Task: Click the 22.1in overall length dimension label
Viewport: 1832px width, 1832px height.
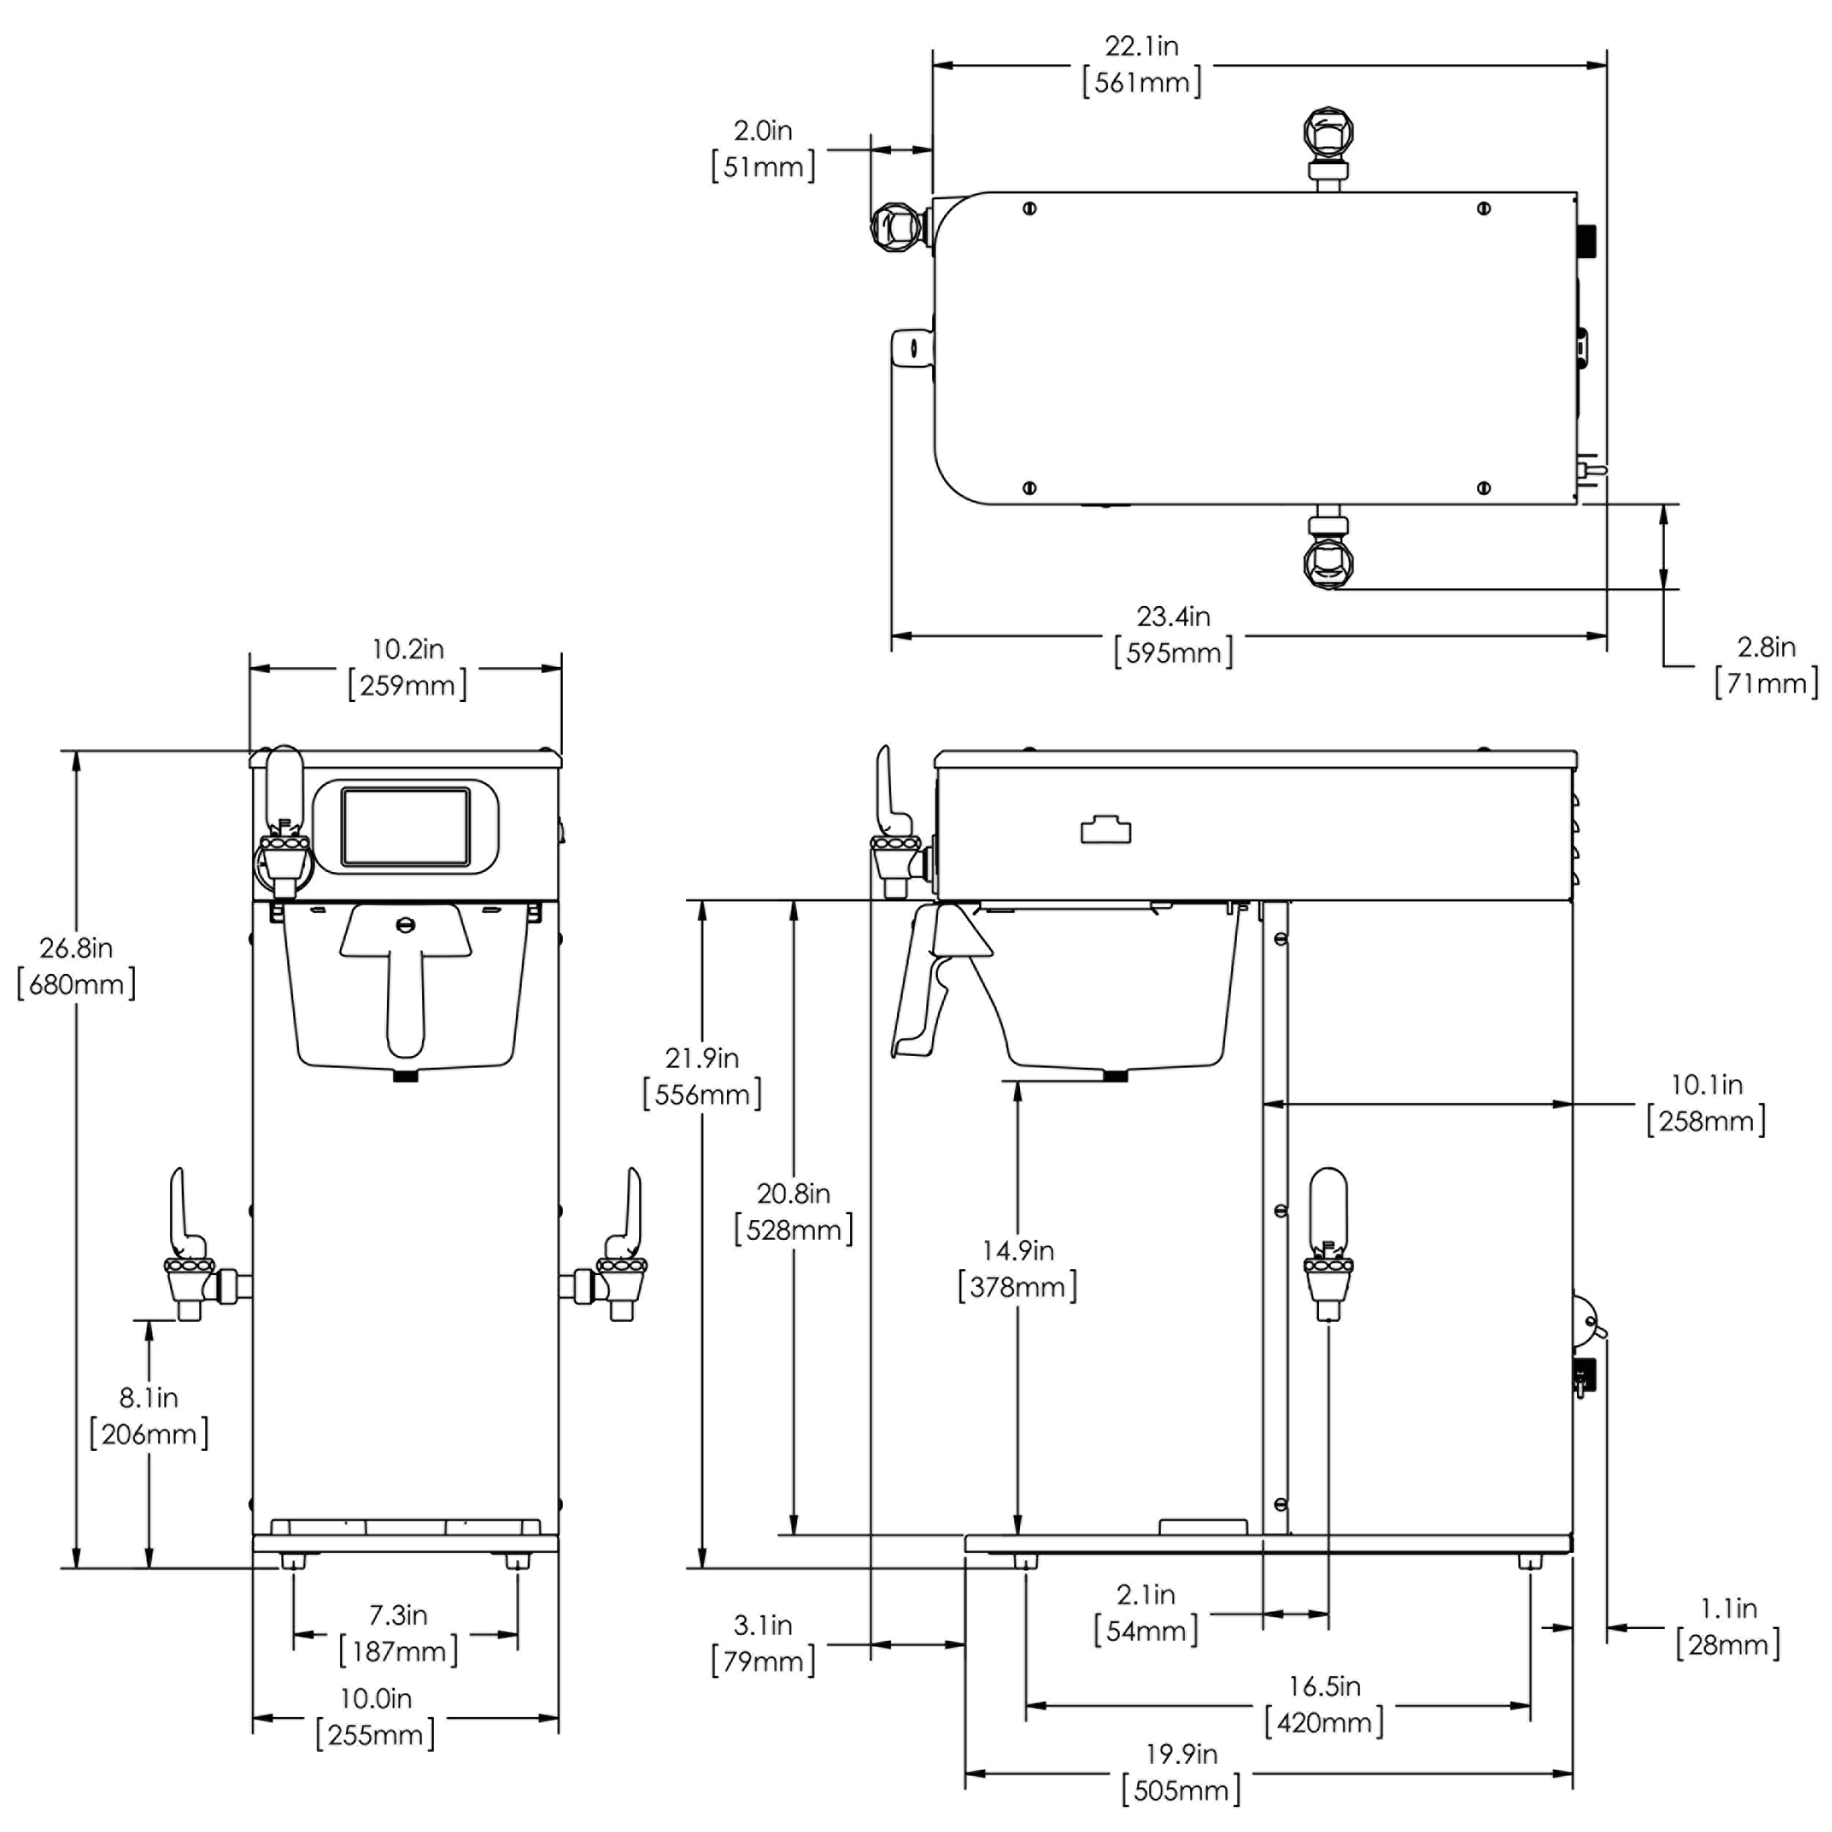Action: coord(1142,64)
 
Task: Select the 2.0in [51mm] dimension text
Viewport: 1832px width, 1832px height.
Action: coord(764,149)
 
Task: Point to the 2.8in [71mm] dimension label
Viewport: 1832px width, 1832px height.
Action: coord(1765,665)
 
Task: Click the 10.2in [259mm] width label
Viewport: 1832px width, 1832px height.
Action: coord(407,668)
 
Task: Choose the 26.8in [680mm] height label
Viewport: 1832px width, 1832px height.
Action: coord(76,965)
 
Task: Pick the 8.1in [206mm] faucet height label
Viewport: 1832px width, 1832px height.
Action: coord(149,1415)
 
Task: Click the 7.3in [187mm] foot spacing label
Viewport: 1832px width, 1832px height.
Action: coord(398,1633)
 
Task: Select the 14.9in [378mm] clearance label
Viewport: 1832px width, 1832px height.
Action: coord(1017,1268)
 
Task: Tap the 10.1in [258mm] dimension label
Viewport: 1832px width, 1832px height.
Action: coord(1706,1103)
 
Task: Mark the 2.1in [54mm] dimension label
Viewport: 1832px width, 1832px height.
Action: coord(1145,1613)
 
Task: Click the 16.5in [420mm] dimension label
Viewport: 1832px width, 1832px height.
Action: coord(1325,1704)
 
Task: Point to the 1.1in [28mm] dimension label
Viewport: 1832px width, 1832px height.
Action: coord(1728,1626)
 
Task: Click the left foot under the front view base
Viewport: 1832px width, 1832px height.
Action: coord(294,1561)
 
